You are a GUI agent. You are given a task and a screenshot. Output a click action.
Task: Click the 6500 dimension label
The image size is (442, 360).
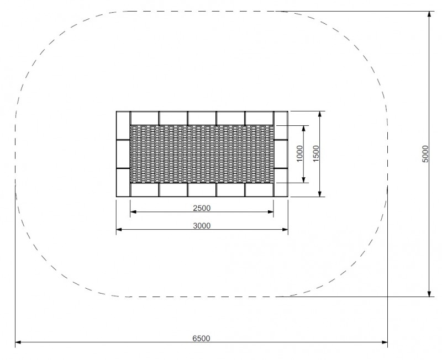[x=201, y=338]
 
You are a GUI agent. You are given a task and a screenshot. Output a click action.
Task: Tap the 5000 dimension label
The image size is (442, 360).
[x=425, y=154]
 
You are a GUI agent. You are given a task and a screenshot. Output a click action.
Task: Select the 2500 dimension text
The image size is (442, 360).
[x=202, y=208]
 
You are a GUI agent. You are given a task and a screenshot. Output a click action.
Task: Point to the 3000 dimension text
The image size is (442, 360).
[x=202, y=226]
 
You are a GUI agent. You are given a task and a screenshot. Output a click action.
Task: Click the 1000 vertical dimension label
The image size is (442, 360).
[x=299, y=153]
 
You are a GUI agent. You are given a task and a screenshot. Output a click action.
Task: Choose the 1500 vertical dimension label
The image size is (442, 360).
[x=316, y=153]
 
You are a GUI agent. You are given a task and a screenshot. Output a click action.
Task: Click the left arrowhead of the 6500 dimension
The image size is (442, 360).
[x=18, y=342]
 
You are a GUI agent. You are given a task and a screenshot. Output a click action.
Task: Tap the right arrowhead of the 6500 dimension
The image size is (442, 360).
[x=385, y=342]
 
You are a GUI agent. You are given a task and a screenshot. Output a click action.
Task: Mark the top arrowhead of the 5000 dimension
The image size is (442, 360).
[x=429, y=14]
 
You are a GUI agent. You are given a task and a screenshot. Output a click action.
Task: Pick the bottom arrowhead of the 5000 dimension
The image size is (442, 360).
[x=429, y=294]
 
